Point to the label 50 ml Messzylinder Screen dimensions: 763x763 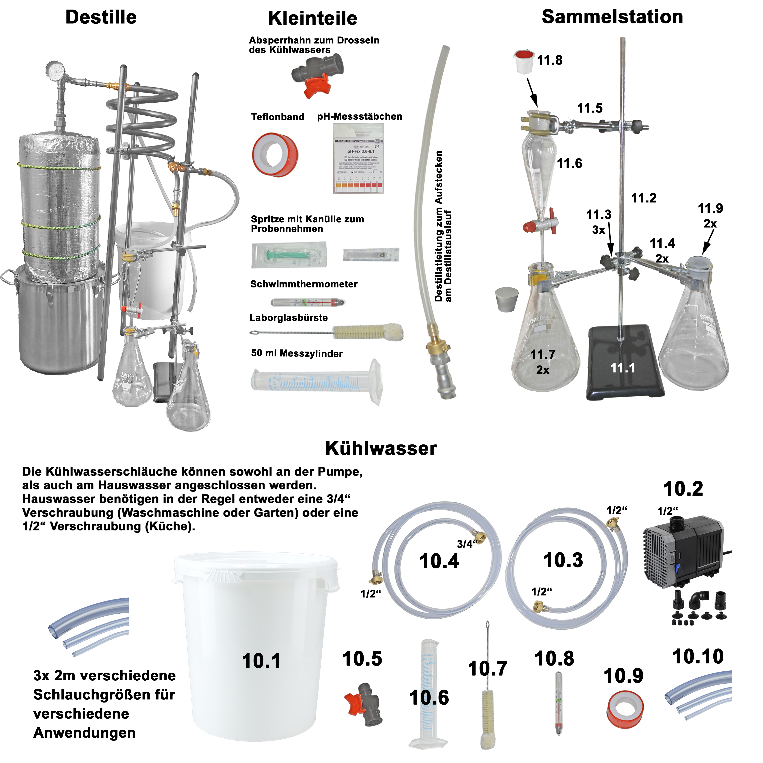tap(297, 353)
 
